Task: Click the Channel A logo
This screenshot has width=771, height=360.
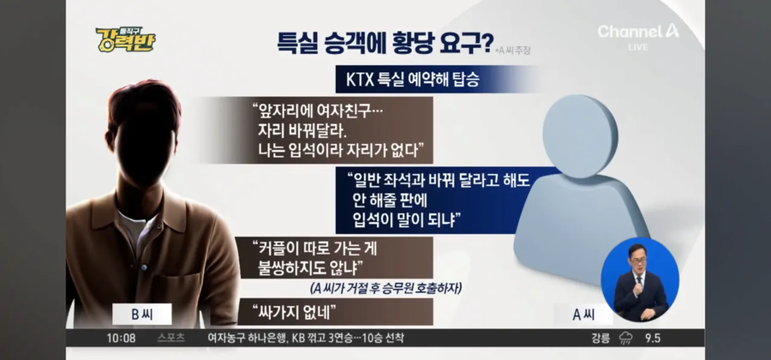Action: point(638,33)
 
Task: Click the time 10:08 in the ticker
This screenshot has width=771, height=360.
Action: point(122,338)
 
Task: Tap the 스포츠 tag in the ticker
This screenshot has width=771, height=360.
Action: point(171,338)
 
